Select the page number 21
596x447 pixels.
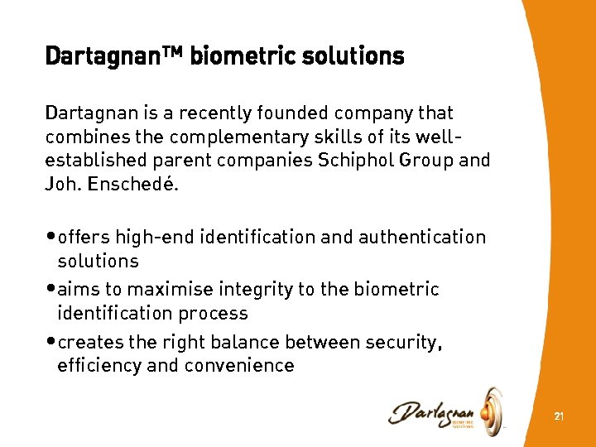[x=559, y=416]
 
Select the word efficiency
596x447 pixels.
[x=99, y=366]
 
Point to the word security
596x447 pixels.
[x=401, y=343]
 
